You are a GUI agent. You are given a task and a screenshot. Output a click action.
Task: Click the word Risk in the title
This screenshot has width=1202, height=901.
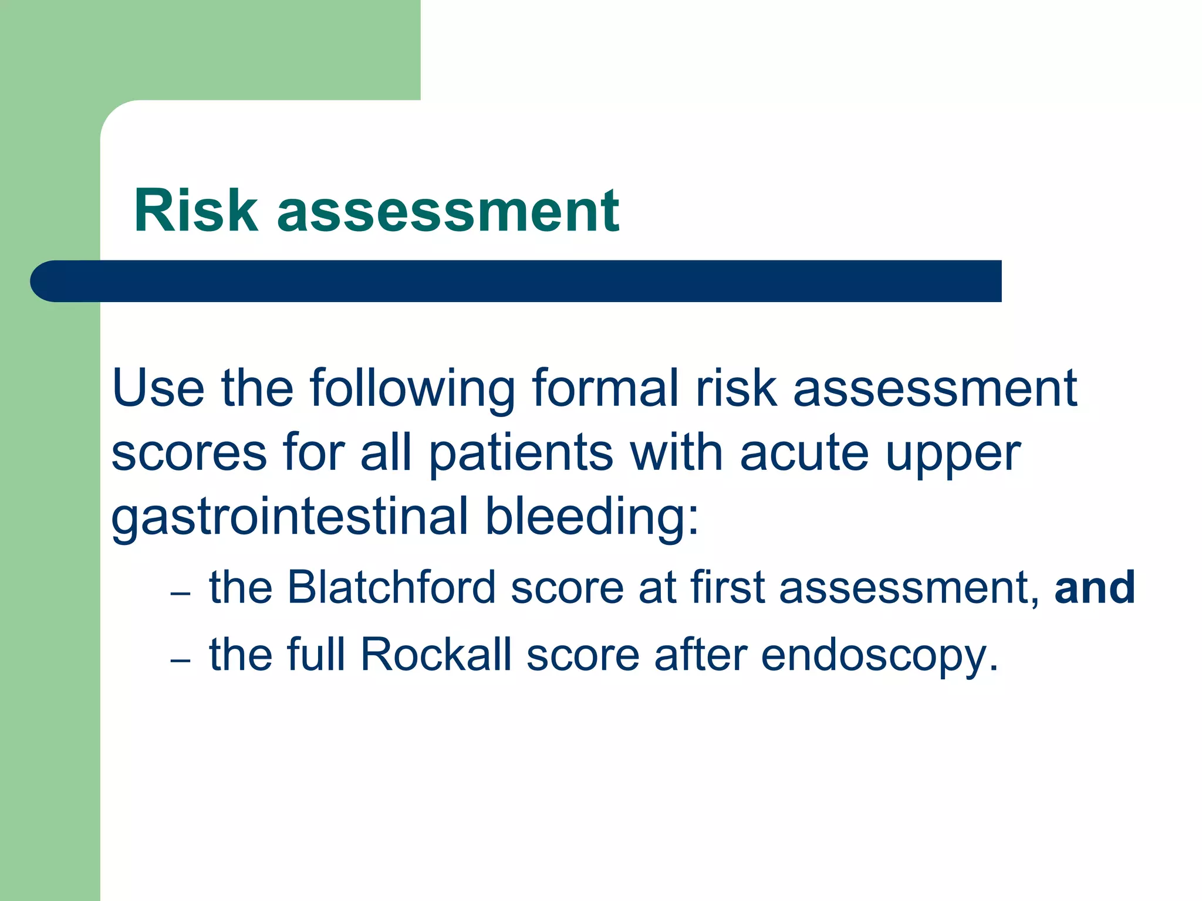pyautogui.click(x=196, y=211)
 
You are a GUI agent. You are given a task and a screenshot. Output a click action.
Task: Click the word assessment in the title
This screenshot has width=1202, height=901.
pyautogui.click(x=448, y=212)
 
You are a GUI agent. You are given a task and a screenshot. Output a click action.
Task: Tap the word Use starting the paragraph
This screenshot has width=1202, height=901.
pyautogui.click(x=158, y=388)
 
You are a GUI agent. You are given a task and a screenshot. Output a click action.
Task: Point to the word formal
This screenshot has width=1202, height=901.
pyautogui.click(x=605, y=388)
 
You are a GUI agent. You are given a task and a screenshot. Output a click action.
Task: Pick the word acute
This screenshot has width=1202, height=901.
pyautogui.click(x=804, y=453)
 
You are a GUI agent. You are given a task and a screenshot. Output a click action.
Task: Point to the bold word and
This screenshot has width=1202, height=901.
pyautogui.click(x=1095, y=587)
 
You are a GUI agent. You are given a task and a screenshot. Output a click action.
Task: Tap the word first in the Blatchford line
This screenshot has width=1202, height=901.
pyautogui.click(x=727, y=587)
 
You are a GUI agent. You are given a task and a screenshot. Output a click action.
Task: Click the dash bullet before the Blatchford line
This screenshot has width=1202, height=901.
pyautogui.click(x=181, y=594)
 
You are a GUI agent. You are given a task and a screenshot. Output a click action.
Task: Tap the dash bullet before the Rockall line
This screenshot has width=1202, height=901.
pyautogui.click(x=181, y=661)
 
